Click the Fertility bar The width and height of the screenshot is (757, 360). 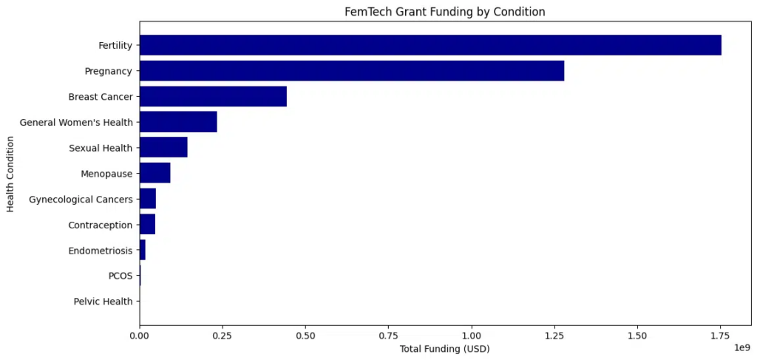point(430,45)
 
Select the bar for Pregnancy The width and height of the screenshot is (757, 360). point(351,71)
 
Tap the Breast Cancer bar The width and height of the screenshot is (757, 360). point(213,96)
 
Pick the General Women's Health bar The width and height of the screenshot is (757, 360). point(178,122)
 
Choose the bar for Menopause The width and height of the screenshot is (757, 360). point(155,173)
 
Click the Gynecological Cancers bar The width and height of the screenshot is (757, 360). point(148,199)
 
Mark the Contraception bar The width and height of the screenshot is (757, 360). point(147,224)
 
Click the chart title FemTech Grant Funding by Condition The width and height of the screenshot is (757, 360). point(445,12)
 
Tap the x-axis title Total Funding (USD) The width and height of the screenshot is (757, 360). point(444,348)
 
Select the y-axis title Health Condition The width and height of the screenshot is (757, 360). point(11,173)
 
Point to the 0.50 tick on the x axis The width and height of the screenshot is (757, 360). point(305,335)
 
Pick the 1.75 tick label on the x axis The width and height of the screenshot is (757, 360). point(720,335)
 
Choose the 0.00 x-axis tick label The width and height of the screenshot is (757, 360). point(139,335)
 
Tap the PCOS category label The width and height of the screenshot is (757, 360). point(120,276)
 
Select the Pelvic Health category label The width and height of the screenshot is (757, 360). point(103,301)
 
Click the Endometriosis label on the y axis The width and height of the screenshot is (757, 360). point(100,250)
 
